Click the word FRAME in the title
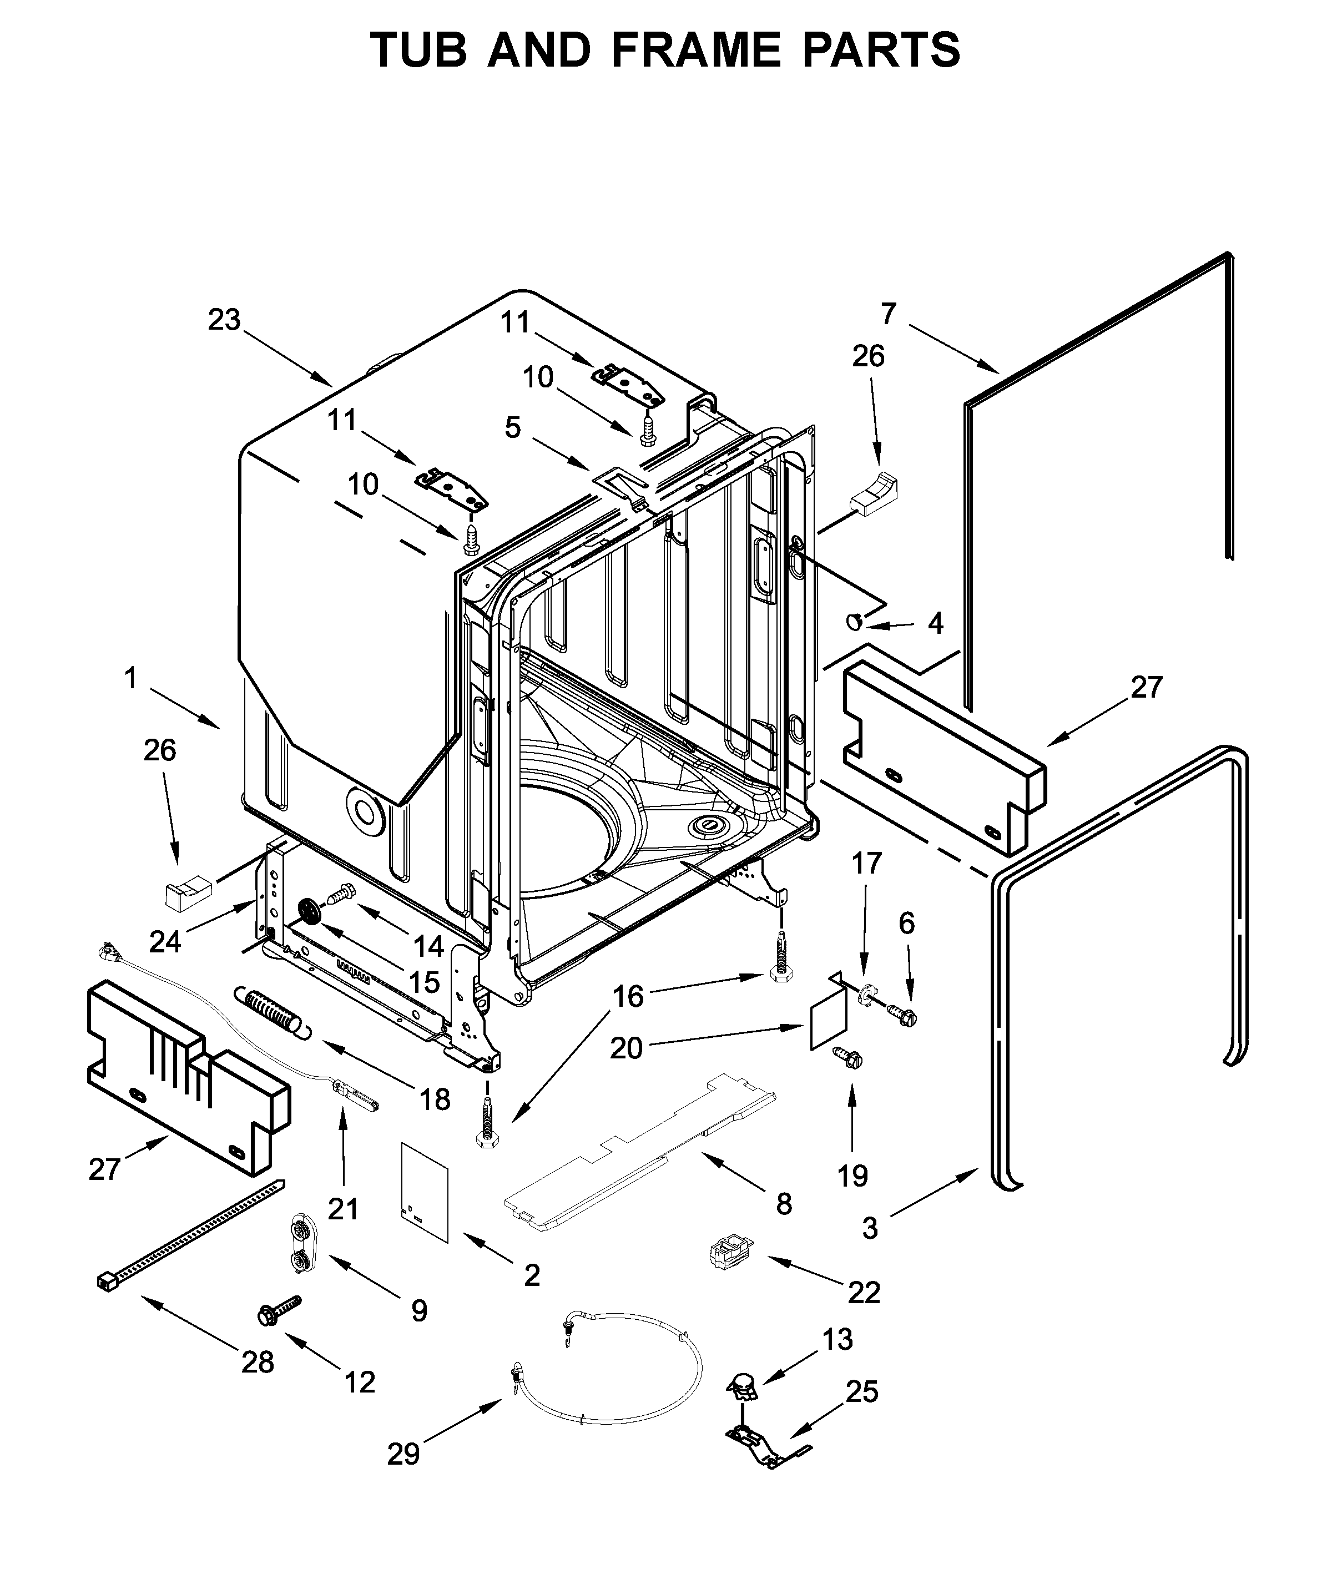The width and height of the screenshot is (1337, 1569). tap(694, 50)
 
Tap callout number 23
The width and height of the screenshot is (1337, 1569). tap(224, 320)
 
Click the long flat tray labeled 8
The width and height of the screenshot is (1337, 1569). tap(640, 1143)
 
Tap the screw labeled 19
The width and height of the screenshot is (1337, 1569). tap(847, 1057)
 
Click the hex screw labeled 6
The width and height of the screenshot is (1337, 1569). tap(901, 1013)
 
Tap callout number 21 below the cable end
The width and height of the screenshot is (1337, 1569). tap(343, 1209)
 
